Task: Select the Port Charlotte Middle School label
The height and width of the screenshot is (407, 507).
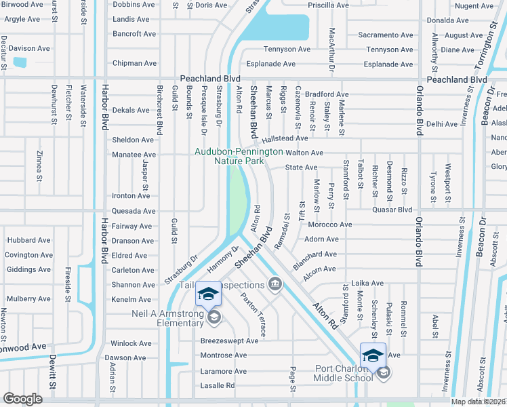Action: click(x=334, y=373)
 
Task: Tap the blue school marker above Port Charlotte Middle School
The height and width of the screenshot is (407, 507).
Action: click(x=373, y=355)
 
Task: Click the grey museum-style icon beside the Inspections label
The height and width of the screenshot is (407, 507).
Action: click(x=275, y=284)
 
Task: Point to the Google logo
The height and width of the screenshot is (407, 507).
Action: click(x=23, y=399)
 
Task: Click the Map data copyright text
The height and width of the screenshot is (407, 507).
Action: click(x=479, y=402)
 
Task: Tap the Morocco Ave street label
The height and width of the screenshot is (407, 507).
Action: click(x=329, y=225)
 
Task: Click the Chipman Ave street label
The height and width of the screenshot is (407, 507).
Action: click(x=134, y=63)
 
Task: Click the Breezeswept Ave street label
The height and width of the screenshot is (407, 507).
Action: click(x=229, y=341)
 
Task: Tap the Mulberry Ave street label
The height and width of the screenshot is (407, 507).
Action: click(x=28, y=298)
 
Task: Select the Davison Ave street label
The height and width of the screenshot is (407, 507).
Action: click(x=29, y=48)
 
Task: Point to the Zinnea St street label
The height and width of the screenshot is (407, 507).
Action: click(x=39, y=163)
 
